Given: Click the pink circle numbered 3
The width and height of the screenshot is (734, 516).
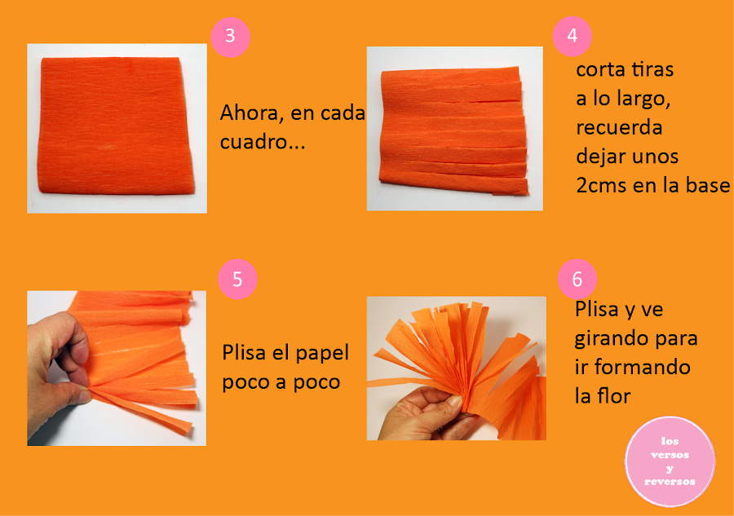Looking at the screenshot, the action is (230, 37).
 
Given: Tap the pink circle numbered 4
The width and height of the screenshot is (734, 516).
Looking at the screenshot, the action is (572, 36).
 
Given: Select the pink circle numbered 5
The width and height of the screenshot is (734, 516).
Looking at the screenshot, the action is (237, 280).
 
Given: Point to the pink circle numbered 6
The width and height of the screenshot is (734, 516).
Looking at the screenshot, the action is (577, 280).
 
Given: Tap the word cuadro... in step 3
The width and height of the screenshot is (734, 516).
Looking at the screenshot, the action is (263, 142).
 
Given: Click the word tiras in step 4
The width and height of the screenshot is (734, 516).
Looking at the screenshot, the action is (652, 70).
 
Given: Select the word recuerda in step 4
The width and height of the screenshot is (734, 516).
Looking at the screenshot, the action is (619, 128).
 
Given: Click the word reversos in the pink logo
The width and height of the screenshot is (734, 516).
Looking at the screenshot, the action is (670, 482).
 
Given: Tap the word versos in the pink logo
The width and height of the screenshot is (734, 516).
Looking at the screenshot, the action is (670, 455).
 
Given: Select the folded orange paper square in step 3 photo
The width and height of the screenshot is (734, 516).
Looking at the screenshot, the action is (117, 126).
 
